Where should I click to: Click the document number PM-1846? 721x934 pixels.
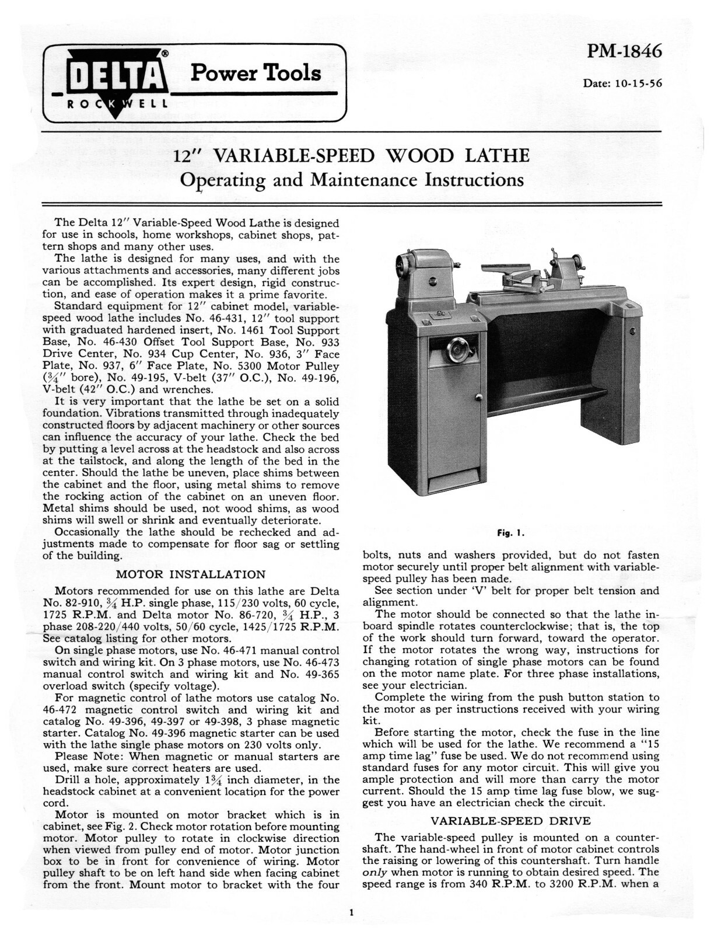click(624, 52)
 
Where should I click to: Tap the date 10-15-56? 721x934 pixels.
click(622, 83)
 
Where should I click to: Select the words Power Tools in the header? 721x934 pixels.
click(256, 73)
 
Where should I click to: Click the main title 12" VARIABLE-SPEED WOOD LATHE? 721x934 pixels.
click(352, 156)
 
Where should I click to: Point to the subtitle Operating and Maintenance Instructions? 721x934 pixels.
click(352, 180)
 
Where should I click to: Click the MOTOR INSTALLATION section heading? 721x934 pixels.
click(191, 574)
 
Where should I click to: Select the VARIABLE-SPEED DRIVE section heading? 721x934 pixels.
click(510, 820)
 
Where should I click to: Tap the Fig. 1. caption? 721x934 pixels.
click(510, 533)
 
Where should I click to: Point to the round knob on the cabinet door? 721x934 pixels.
click(478, 398)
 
